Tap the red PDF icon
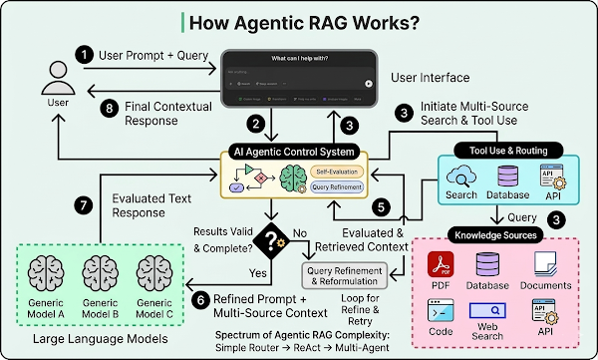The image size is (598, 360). [x=441, y=265]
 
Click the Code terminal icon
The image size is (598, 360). [x=441, y=312]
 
